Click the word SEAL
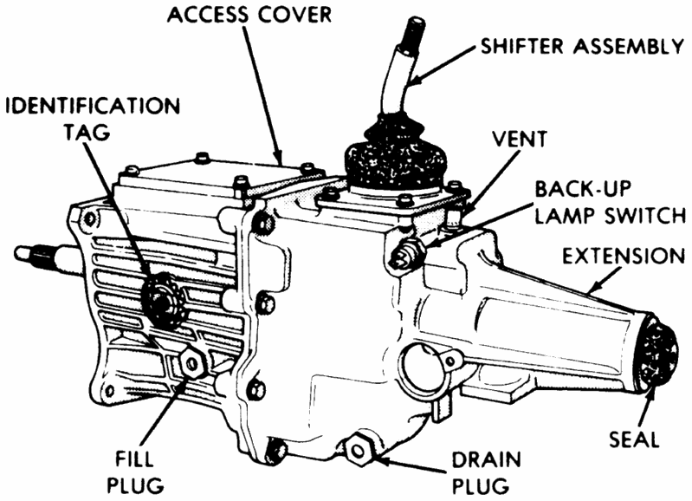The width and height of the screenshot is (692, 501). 633,439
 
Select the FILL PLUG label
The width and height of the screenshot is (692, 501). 137,468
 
